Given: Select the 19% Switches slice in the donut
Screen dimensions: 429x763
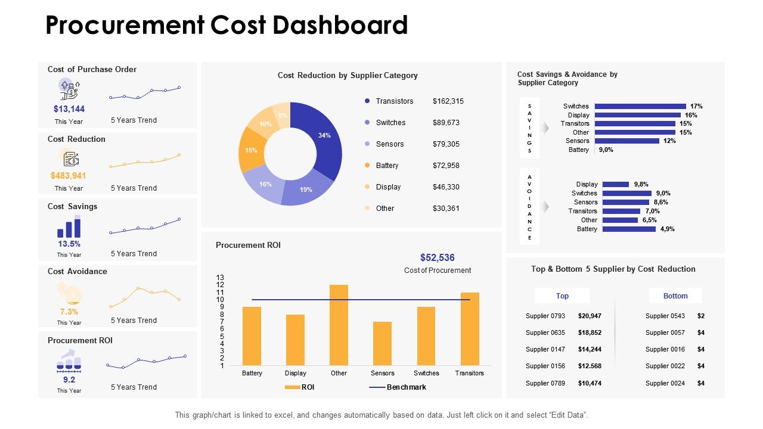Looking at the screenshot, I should point(305,189).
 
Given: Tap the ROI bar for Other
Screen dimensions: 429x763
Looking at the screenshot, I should point(339,325).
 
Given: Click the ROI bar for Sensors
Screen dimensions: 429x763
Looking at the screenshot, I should point(382,343).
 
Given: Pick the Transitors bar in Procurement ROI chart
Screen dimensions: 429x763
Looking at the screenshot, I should point(470,329).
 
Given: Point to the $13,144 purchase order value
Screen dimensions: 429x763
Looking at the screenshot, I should point(69,109).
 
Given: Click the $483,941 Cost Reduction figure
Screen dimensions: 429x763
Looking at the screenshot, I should point(69,176).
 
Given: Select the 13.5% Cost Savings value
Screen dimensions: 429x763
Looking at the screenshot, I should point(69,244).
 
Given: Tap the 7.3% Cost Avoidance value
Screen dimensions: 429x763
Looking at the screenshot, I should point(69,312).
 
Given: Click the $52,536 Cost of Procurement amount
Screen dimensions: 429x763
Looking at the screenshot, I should point(437,258).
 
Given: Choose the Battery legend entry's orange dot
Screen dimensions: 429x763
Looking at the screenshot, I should point(367,166).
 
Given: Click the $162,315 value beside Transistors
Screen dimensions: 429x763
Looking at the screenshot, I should point(448,101).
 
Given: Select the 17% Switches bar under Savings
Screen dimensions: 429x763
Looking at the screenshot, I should point(640,106).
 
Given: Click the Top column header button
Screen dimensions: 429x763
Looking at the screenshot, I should point(562,296).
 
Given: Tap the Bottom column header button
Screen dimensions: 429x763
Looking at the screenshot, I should point(675,296).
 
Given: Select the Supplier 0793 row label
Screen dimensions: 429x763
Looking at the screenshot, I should point(545,316).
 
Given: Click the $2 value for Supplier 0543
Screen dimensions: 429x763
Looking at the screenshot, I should point(701,316).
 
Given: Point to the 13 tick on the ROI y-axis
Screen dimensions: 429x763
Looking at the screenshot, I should point(220,278).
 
